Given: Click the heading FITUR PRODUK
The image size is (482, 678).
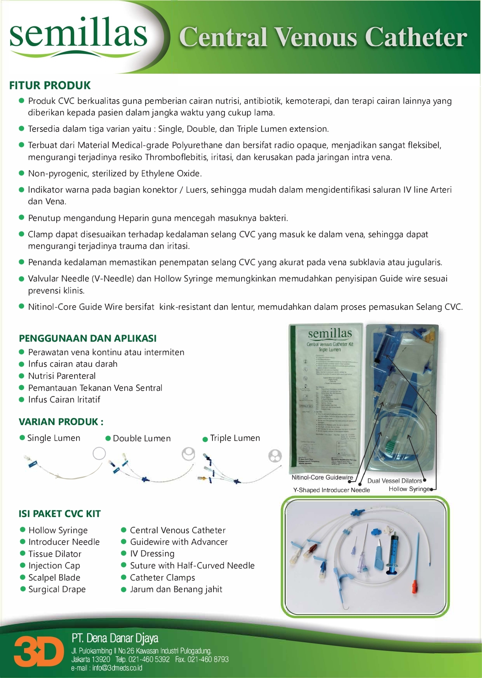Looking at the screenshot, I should point(50,85).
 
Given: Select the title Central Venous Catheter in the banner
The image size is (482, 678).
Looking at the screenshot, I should point(323,37).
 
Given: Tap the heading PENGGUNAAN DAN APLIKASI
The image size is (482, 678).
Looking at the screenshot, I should point(88,338).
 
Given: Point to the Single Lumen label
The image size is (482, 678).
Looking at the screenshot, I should point(54,438).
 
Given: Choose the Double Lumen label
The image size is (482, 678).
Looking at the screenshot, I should point(141,438).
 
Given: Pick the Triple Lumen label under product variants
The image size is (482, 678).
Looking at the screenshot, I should point(235,438).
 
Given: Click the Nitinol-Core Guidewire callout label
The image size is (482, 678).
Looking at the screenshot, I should point(322,477).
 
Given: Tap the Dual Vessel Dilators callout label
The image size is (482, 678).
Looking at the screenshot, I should point(394,481).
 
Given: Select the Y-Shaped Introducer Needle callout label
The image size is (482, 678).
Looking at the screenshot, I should point(331,490).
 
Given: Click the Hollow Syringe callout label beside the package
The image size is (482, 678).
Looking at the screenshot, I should point(409,489).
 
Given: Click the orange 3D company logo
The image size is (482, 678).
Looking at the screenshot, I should point(39,652).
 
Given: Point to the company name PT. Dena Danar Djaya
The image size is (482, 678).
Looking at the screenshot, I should point(115,638).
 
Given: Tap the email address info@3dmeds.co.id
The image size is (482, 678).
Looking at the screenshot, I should point(106,668).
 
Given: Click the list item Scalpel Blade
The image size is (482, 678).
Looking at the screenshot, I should point(54,578).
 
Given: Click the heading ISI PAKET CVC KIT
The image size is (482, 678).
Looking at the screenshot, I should point(59,514).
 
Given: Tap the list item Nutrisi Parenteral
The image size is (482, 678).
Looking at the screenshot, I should point(62,376).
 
